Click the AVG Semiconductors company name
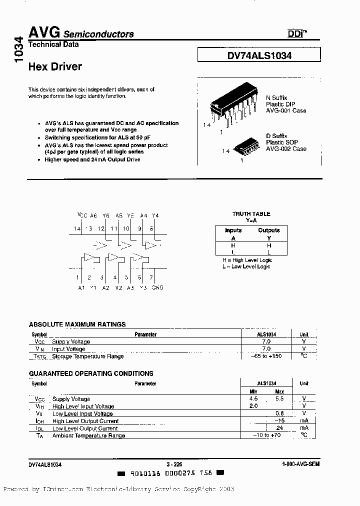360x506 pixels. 80,33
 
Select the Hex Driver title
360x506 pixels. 55,66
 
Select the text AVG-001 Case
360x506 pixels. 286,110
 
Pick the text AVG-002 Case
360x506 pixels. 286,149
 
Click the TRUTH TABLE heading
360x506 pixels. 251,214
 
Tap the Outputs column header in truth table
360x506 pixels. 269,230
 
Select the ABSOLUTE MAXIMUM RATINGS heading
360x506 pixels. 77,324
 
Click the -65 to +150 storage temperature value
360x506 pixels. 266,356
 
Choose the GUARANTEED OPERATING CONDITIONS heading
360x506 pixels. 90,373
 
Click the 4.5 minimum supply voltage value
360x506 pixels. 253,399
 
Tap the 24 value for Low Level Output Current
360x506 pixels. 279,428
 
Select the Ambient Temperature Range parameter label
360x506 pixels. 88,435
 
